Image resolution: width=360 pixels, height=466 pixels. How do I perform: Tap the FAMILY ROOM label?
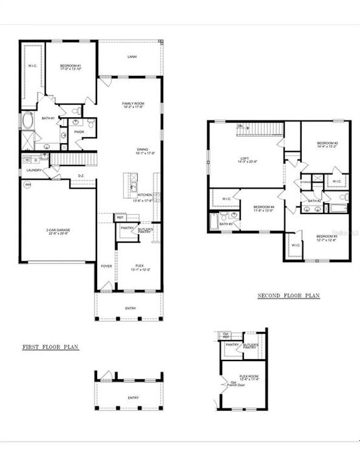click(132, 104)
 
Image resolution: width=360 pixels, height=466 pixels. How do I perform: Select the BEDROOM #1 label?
click(70, 66)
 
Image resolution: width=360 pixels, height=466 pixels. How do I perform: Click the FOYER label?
click(106, 266)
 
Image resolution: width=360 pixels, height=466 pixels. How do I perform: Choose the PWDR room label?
click(80, 132)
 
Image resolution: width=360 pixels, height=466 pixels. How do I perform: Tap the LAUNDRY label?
click(34, 170)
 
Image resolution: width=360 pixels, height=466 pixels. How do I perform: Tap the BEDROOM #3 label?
click(325, 238)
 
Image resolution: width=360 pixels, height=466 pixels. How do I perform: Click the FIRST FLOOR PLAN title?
click(50, 348)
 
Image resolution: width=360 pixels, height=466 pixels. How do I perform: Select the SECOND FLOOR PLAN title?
click(288, 296)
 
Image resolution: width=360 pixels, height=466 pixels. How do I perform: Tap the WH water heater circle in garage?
click(28, 184)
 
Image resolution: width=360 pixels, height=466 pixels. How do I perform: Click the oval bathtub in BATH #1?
click(28, 120)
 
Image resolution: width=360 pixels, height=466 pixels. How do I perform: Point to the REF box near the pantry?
click(119, 217)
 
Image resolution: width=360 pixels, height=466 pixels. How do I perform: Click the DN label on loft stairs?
click(240, 126)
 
